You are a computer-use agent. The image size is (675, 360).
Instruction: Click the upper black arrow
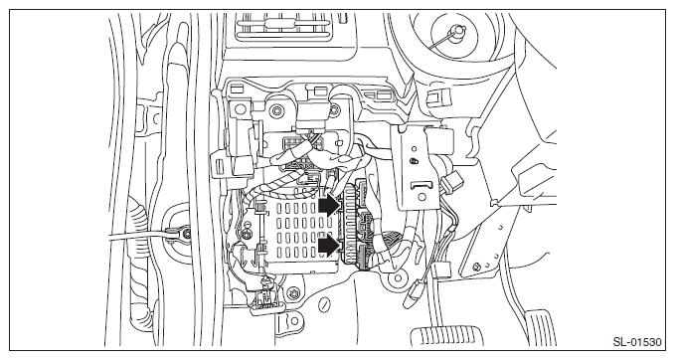point(329,206)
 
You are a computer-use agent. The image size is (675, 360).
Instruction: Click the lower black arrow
point(329,246)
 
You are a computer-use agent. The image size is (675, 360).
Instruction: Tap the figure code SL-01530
point(637,342)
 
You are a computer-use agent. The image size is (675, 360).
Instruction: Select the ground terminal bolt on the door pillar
point(186,235)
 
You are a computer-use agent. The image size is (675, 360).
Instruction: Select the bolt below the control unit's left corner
point(293,293)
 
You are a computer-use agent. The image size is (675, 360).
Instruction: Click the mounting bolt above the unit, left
point(276,111)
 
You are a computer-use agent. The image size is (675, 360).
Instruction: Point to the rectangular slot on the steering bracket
point(421,185)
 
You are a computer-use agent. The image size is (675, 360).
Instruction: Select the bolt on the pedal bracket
point(477,267)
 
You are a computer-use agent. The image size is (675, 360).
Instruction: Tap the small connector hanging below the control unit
point(267,300)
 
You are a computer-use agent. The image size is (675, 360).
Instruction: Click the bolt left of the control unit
point(246,235)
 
